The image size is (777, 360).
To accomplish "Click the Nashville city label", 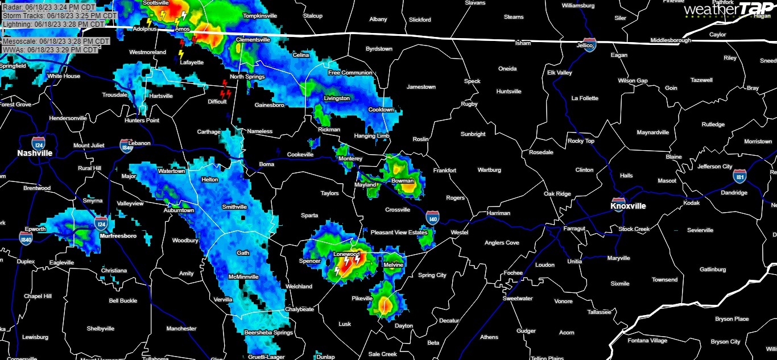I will click(35, 153).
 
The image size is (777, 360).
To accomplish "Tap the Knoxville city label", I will click(628, 206).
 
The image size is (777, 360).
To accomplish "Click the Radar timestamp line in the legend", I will click(49, 7).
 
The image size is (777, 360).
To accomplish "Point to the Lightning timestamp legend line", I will click(53, 24).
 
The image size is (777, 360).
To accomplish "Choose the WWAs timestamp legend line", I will click(49, 50).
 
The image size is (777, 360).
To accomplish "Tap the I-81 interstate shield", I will click(739, 176).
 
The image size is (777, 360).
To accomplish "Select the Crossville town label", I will click(398, 210).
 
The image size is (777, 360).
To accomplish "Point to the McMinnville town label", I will click(243, 276).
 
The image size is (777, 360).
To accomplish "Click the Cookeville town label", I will click(300, 155).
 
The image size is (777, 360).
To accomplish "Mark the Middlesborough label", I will click(671, 41).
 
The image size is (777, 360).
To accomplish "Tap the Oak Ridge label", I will click(557, 194).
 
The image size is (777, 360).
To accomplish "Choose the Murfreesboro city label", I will click(118, 235).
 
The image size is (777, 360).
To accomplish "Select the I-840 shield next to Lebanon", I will click(126, 146).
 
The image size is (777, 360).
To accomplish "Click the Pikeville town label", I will click(362, 299).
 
